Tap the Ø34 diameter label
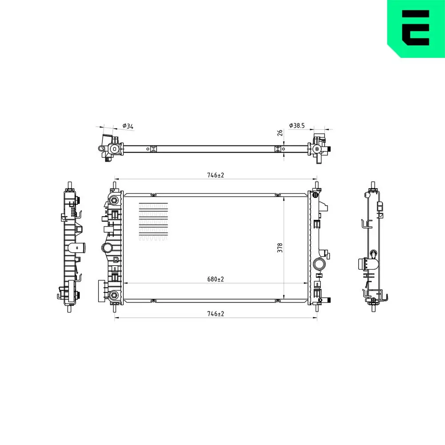click(x=128, y=126)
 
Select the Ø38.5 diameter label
click(x=297, y=126)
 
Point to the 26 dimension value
click(x=279, y=133)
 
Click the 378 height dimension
click(x=279, y=247)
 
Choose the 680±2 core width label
click(x=215, y=279)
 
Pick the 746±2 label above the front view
click(x=215, y=175)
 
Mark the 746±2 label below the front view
click(x=215, y=314)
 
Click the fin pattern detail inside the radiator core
click(x=154, y=222)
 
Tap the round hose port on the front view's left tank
click(x=107, y=247)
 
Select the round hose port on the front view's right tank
click(x=319, y=264)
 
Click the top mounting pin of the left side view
click(x=69, y=185)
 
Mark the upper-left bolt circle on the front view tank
click(x=114, y=200)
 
